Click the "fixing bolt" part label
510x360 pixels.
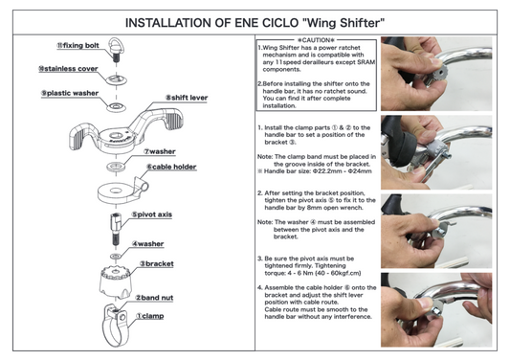[x=78, y=45]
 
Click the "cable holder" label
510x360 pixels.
[x=172, y=166]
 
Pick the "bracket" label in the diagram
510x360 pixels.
[x=158, y=263]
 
